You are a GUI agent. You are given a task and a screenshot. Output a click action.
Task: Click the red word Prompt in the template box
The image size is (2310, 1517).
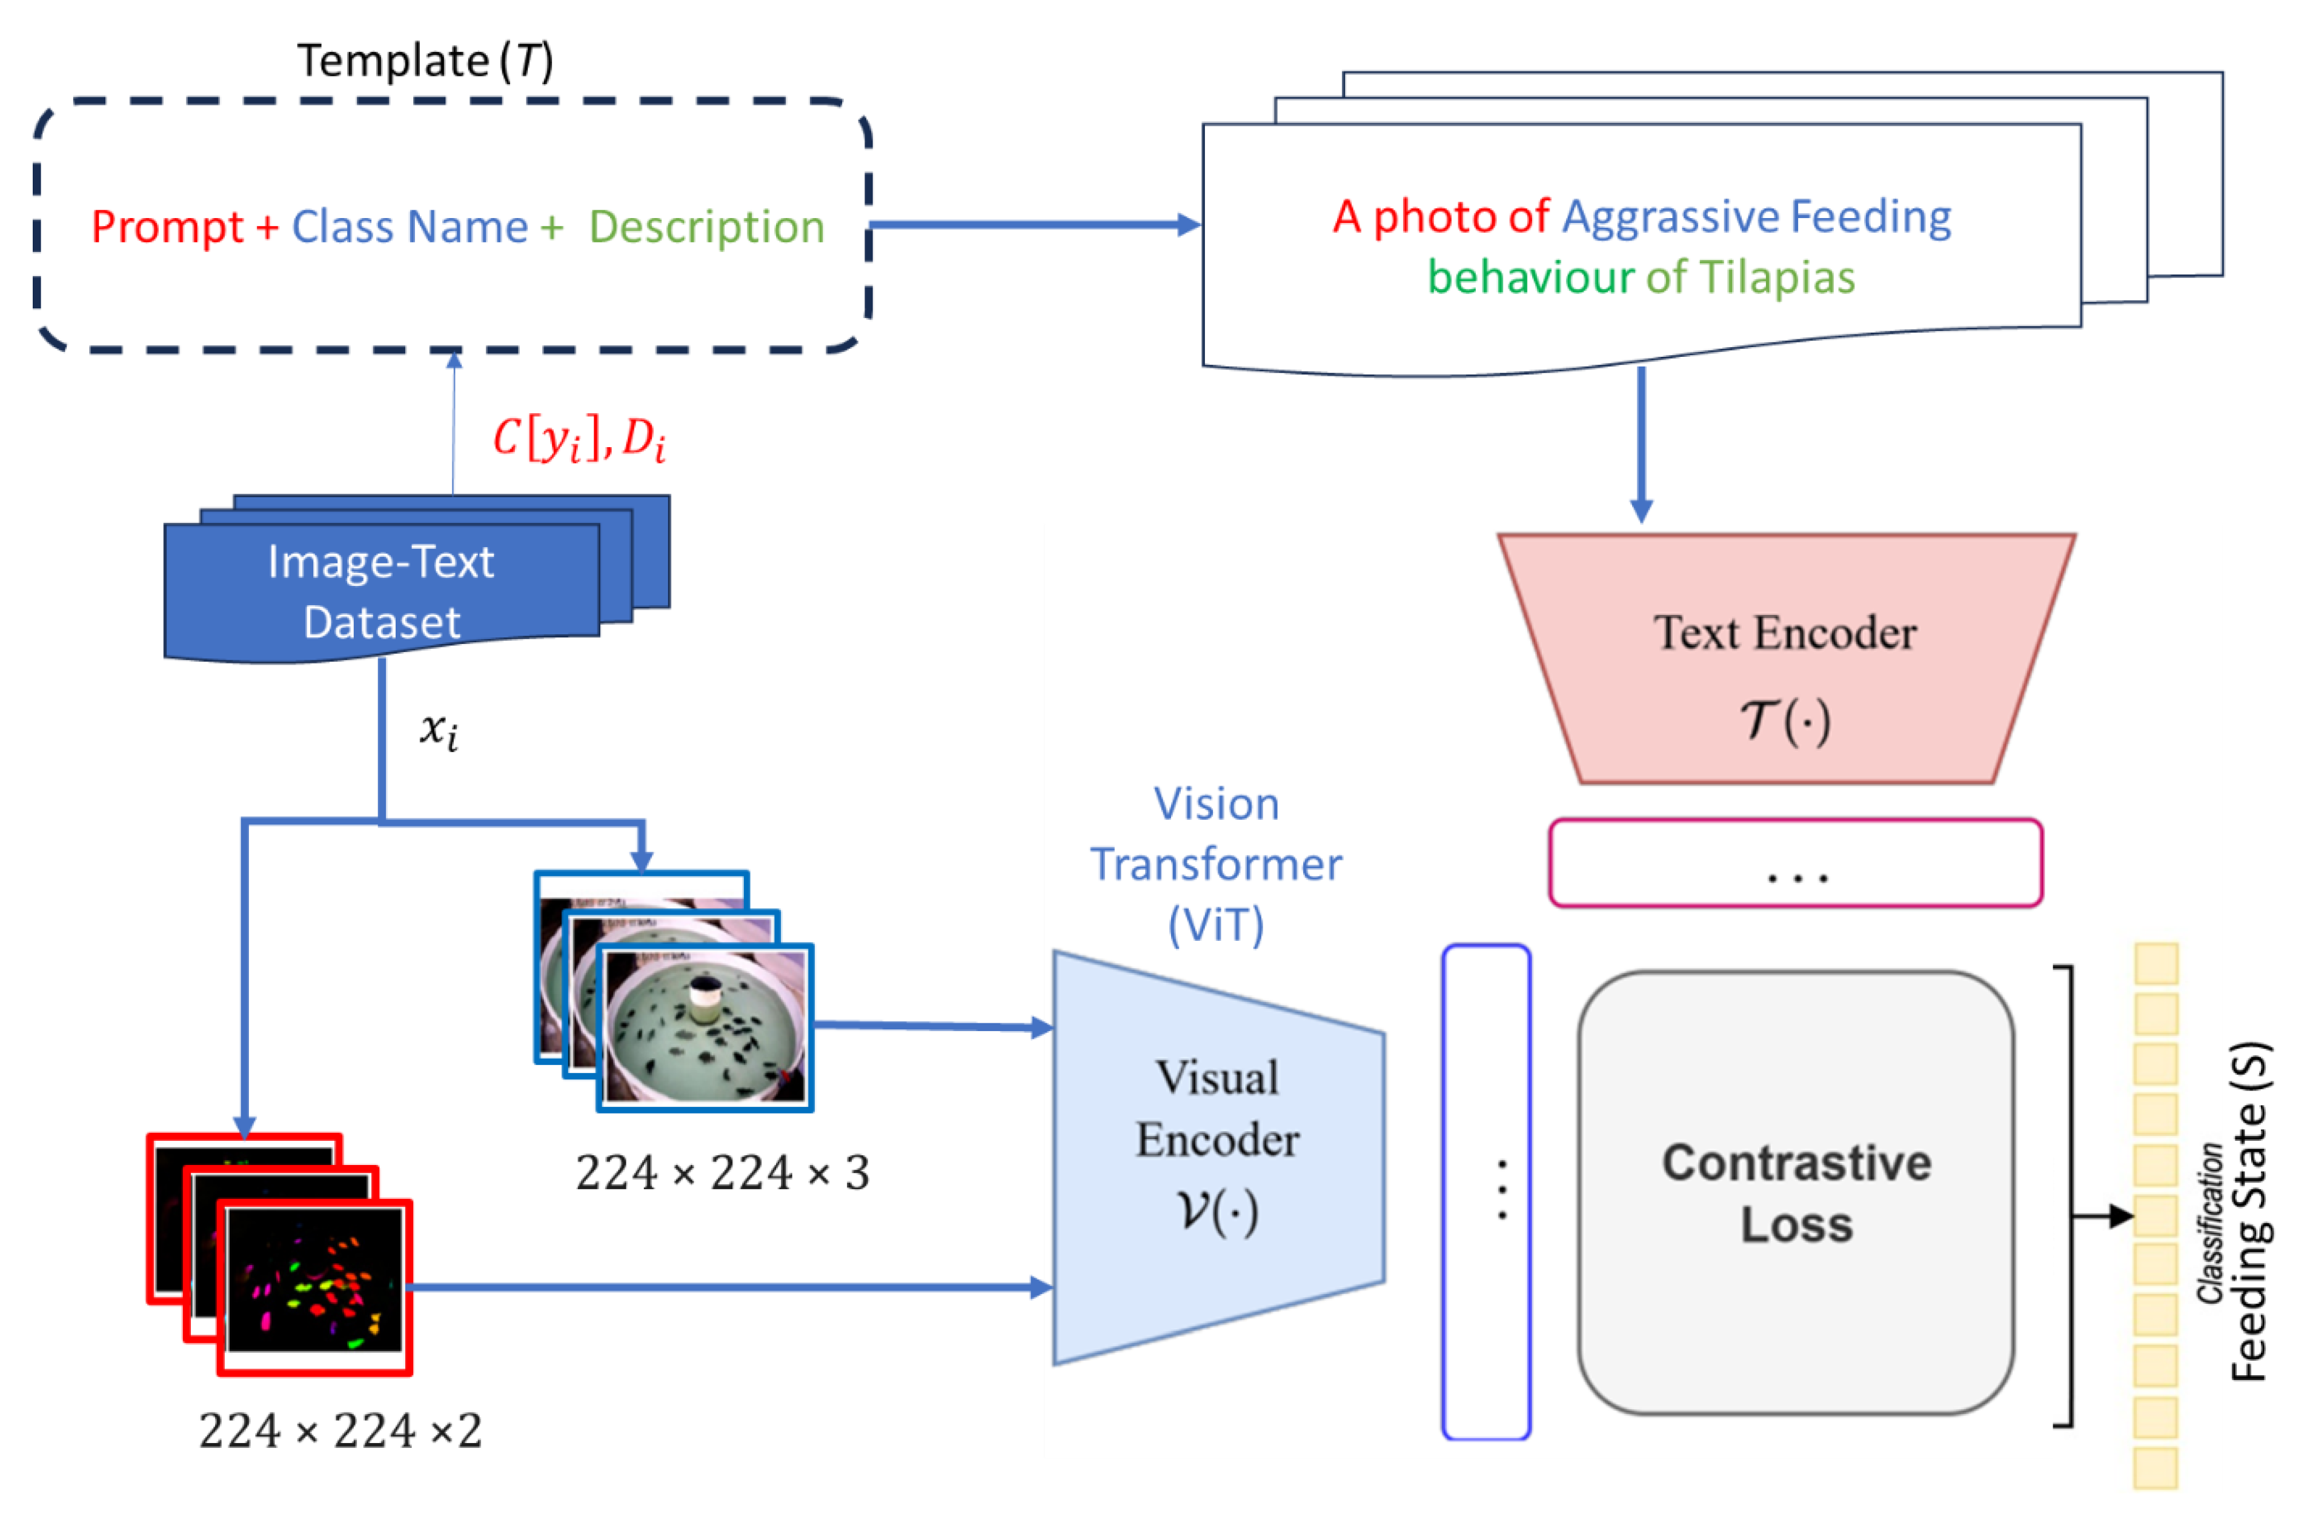(167, 227)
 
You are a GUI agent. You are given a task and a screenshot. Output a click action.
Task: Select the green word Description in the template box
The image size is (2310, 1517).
(706, 227)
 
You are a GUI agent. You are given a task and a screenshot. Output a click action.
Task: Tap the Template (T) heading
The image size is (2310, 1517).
(425, 60)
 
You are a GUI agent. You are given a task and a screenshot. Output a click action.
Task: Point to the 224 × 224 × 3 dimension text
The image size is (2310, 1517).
(722, 1172)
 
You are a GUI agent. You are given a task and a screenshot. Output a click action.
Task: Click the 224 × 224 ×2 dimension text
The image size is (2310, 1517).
(340, 1430)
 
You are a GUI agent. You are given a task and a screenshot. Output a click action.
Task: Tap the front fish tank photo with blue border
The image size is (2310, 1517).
(705, 1027)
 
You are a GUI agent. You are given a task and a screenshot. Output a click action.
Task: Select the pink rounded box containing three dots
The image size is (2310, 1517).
(1796, 863)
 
